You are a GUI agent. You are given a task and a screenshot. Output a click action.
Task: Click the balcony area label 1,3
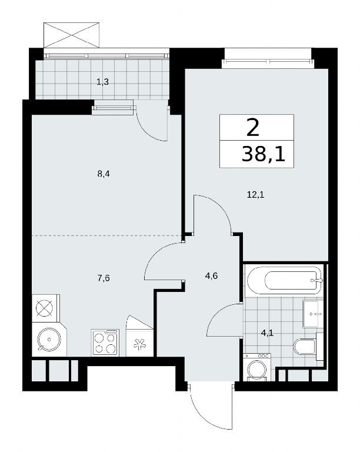point(102,82)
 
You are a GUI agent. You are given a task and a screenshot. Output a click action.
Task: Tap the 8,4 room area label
point(104,174)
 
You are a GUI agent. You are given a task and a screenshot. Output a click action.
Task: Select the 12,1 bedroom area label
point(255,195)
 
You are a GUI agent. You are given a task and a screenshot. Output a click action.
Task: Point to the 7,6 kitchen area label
point(104,278)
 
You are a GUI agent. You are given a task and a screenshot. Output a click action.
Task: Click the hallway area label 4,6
point(211,276)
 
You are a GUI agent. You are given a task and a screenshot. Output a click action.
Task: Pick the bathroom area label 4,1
point(267,333)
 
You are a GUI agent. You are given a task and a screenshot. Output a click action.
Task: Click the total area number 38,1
point(263,154)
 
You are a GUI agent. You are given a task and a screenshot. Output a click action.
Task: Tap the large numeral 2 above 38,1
point(253,128)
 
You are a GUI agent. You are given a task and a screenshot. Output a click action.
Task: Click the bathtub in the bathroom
point(284,280)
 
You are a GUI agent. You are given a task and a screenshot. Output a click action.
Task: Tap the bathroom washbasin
point(313,313)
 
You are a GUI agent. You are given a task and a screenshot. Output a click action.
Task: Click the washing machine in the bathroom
point(257,367)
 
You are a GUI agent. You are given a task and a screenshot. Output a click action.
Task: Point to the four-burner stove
point(105,343)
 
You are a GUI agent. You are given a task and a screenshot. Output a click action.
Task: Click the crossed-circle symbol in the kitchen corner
point(44,308)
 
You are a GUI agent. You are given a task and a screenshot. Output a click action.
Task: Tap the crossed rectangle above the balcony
point(71,35)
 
